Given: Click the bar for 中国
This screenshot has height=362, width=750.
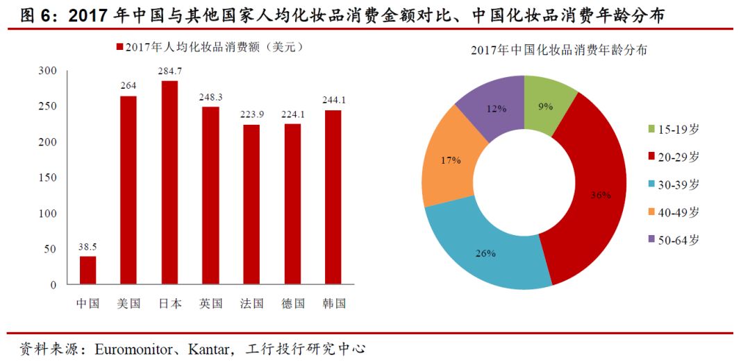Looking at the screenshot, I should [88, 270].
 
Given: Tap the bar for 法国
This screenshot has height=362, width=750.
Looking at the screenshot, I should [251, 205].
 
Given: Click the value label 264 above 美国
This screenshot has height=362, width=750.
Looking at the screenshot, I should [128, 85].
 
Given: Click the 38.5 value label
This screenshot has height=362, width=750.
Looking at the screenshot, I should [88, 245].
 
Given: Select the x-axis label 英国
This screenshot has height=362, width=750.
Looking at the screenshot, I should [210, 304].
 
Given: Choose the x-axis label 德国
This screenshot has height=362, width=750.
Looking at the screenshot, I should [292, 304].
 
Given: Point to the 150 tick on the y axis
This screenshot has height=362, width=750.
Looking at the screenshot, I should [47, 178].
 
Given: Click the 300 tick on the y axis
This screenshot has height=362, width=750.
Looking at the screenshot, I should [47, 71].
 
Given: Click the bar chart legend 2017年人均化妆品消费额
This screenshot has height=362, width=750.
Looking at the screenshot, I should [208, 47].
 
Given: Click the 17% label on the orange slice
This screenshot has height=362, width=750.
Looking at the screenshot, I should [450, 160].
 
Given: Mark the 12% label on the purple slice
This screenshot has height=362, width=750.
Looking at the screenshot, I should [494, 108].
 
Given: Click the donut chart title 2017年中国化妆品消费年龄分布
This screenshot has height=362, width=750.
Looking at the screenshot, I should [559, 51].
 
